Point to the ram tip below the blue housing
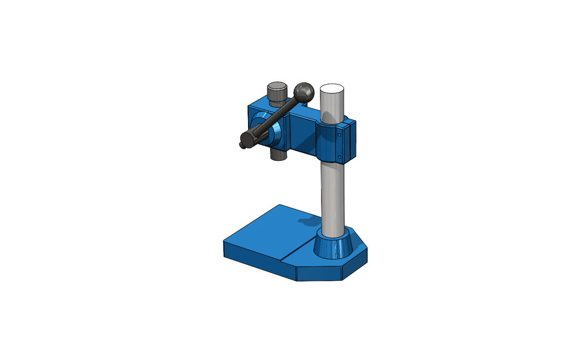[278, 155]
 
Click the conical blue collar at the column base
[333, 244]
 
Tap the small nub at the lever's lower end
[242, 145]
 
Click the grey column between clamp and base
[332, 195]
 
